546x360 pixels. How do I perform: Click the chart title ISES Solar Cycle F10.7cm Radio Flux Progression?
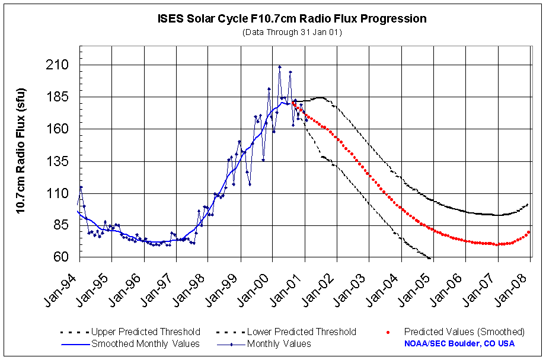pyautogui.click(x=292, y=18)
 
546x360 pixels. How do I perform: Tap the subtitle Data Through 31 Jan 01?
pyautogui.click(x=292, y=31)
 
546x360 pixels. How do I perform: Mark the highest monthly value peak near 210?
pyautogui.click(x=280, y=67)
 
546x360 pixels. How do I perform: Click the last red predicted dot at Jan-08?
pyautogui.click(x=529, y=232)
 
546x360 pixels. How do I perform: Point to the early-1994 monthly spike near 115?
pyautogui.click(x=81, y=187)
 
